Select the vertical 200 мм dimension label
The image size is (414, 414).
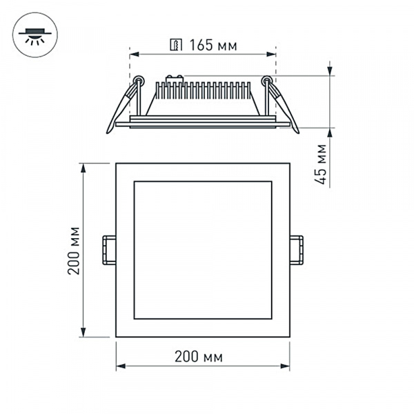(75, 250)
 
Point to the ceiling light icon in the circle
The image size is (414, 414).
(32, 33)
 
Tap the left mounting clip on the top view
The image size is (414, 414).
(109, 250)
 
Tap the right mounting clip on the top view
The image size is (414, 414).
(296, 250)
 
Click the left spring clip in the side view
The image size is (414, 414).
(121, 107)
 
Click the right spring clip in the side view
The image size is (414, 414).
(284, 107)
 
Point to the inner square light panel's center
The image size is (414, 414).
(202, 250)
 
